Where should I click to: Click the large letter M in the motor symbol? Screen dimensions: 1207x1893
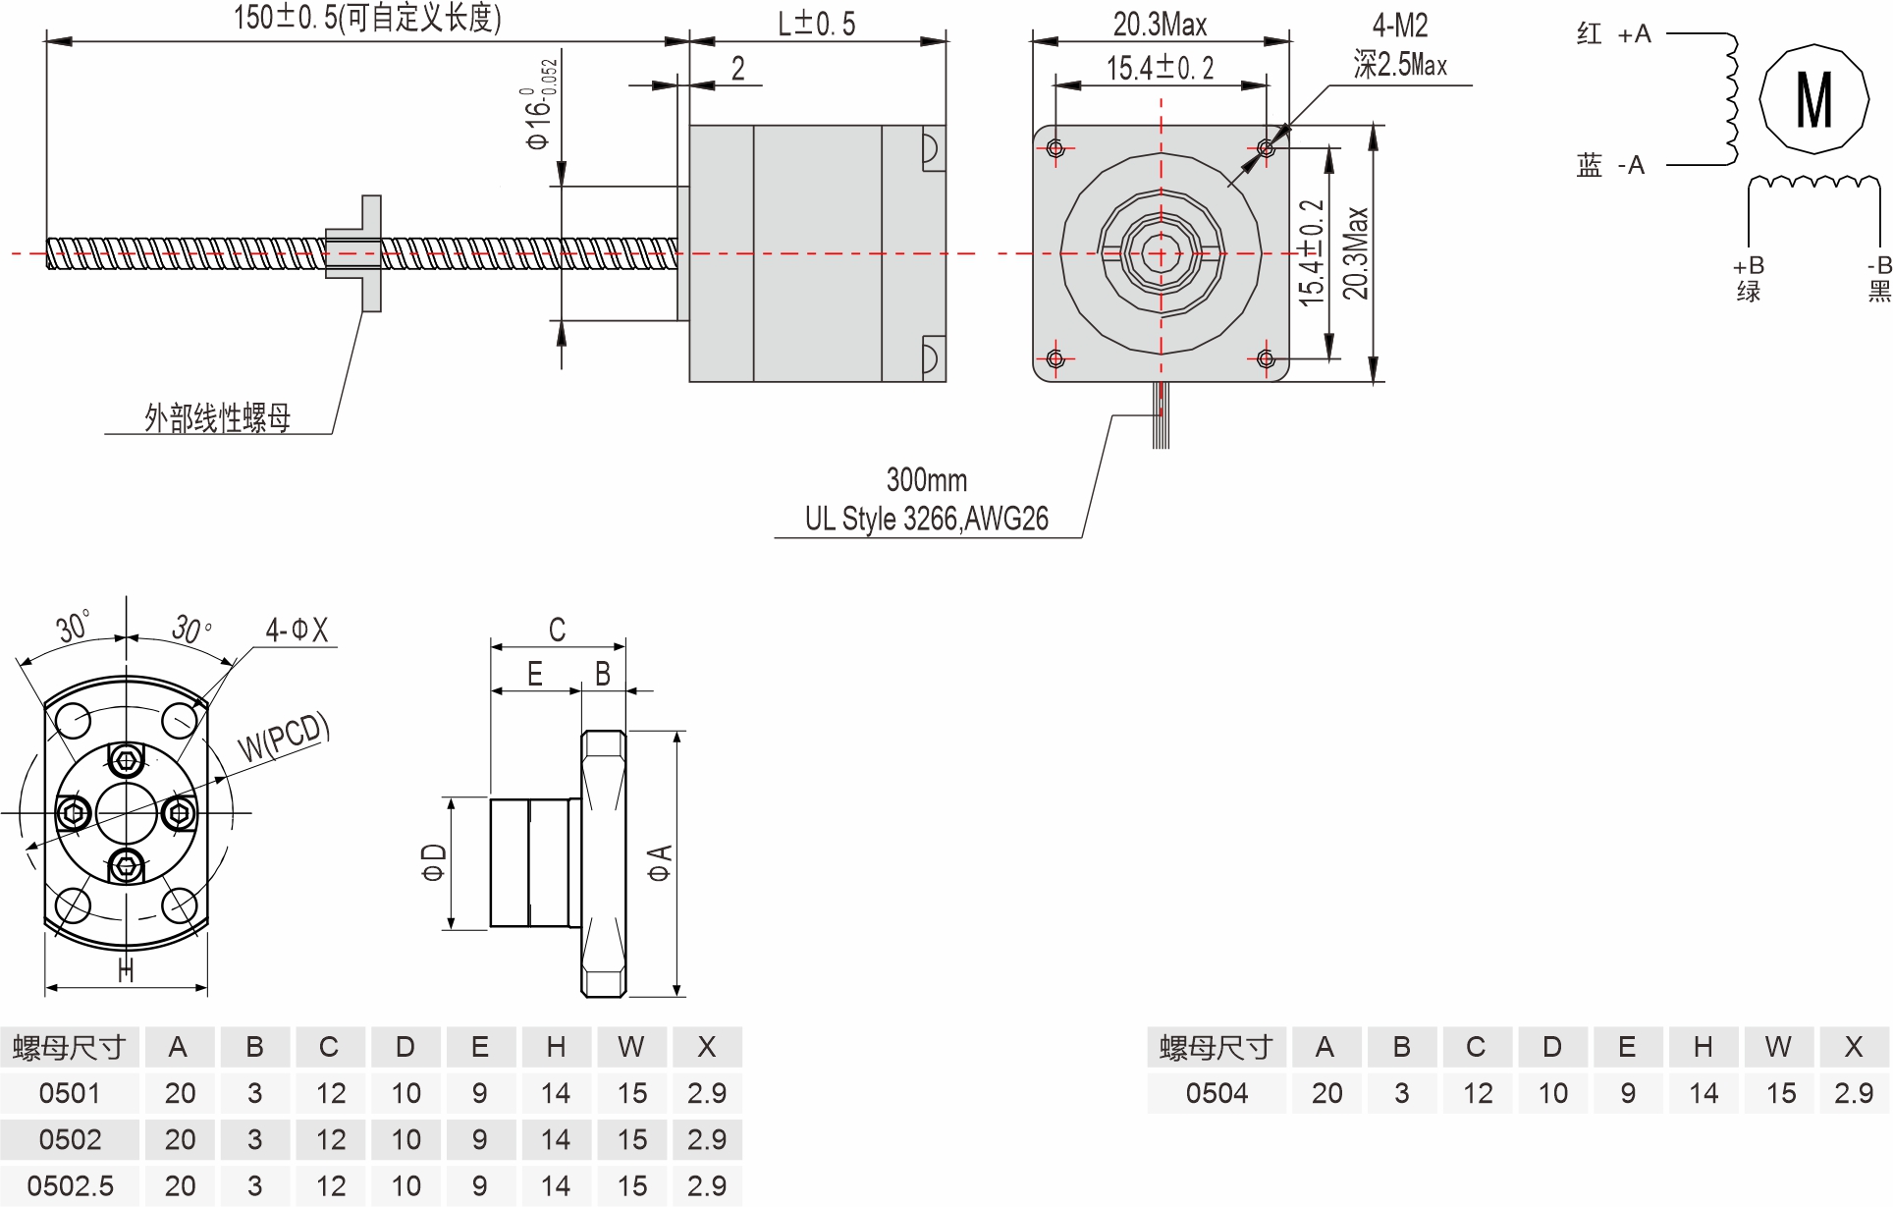coord(1813,100)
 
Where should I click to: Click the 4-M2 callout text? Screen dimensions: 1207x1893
coord(1399,26)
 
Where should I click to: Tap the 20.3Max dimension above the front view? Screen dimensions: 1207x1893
coord(1160,25)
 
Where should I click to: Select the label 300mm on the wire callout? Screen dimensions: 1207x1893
coord(926,480)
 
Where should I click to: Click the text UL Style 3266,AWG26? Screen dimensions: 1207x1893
coord(926,519)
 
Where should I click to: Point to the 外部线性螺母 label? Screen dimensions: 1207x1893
coord(217,418)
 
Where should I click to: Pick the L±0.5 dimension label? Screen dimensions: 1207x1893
coord(816,25)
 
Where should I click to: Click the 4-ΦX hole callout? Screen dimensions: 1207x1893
coord(297,630)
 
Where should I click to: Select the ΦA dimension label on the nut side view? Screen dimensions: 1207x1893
coord(659,862)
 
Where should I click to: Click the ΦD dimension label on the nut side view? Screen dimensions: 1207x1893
coord(433,862)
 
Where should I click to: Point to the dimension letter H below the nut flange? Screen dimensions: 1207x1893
coord(126,970)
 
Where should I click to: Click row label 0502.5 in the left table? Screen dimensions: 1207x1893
coord(70,1186)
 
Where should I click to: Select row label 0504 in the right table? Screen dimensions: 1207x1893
coord(1217,1093)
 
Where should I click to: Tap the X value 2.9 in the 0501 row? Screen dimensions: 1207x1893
coord(707,1093)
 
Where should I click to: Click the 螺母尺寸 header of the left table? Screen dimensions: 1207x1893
coord(70,1048)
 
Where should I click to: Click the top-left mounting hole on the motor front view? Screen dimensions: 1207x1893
coord(1055,148)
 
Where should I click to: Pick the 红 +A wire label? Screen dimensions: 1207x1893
coord(1613,34)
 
